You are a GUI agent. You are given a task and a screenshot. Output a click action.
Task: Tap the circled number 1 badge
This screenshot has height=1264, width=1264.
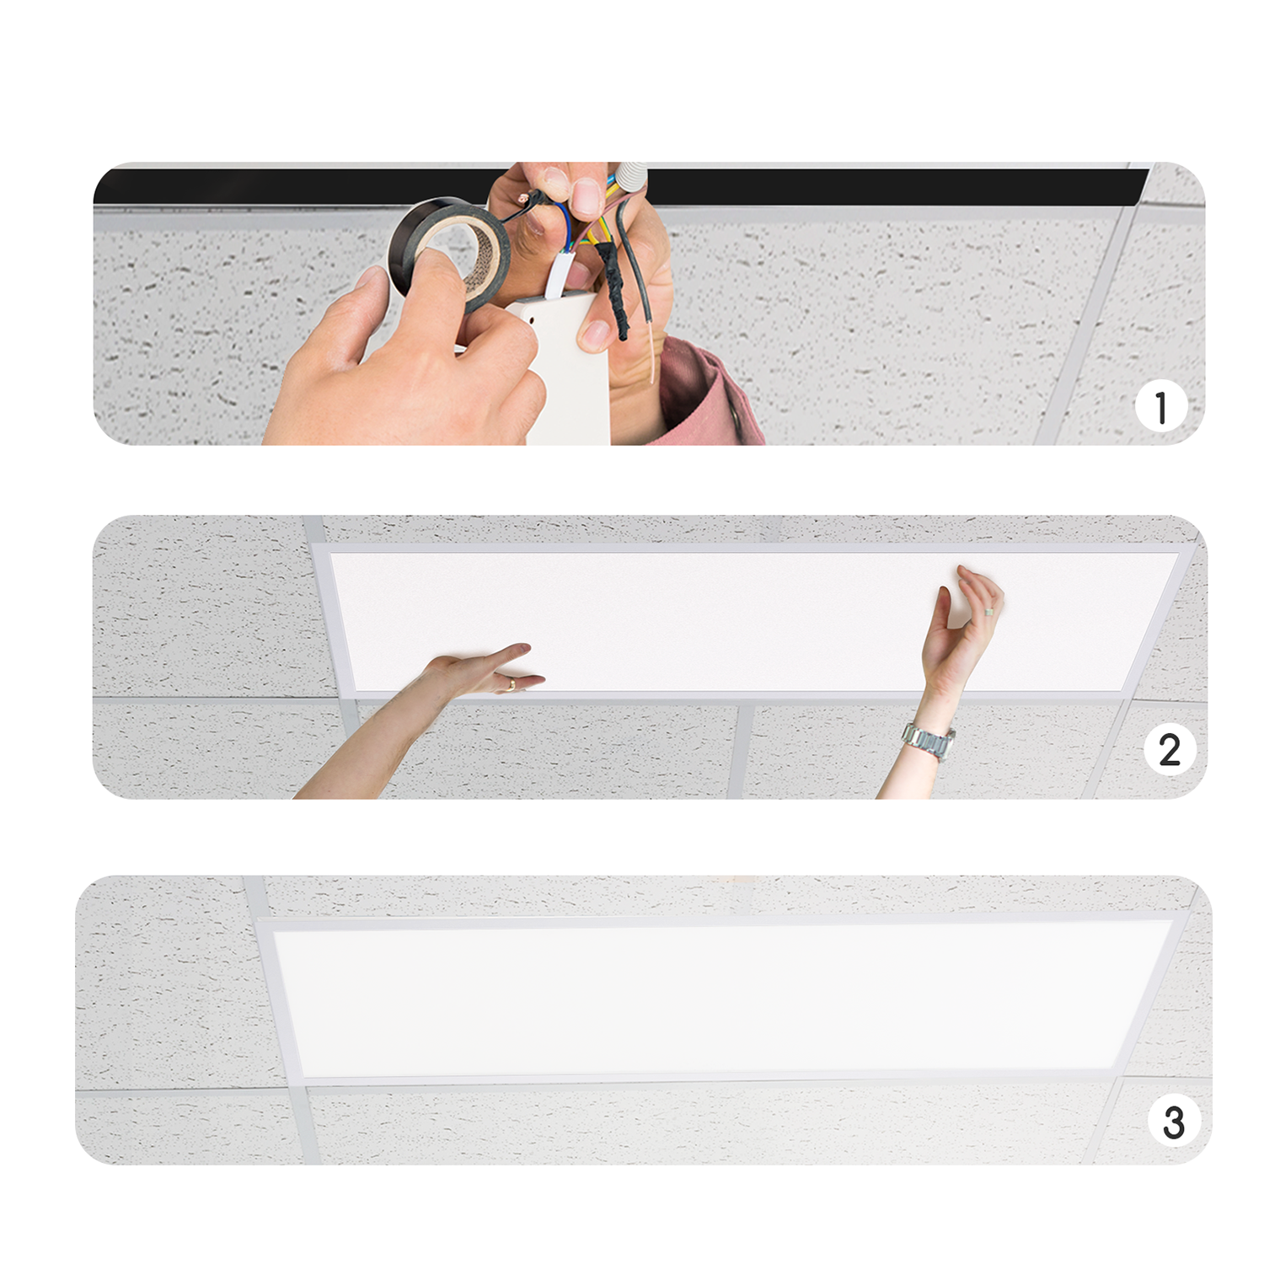(x=1161, y=407)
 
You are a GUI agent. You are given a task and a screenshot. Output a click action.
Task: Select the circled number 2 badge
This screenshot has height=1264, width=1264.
(x=1170, y=749)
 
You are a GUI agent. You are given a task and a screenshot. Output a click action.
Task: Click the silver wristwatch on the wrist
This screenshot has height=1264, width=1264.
(x=928, y=740)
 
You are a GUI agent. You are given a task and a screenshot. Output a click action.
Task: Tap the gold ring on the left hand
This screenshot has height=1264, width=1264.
(x=511, y=684)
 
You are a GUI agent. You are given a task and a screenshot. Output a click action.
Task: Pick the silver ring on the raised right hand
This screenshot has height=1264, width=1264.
(x=989, y=608)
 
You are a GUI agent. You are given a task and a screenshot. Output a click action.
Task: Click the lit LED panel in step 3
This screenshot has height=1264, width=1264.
(x=721, y=999)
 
